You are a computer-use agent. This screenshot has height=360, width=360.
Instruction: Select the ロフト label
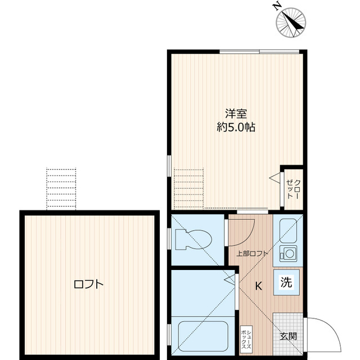tap(88, 284)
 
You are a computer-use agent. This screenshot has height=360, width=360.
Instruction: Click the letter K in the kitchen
tap(258, 286)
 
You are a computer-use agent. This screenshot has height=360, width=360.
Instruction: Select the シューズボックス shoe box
tap(246, 339)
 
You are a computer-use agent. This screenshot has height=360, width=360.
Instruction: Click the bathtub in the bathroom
tap(201, 334)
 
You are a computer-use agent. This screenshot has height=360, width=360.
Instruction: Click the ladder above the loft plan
tap(60, 188)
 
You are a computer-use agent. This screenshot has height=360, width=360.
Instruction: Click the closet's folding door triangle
tap(274, 179)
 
